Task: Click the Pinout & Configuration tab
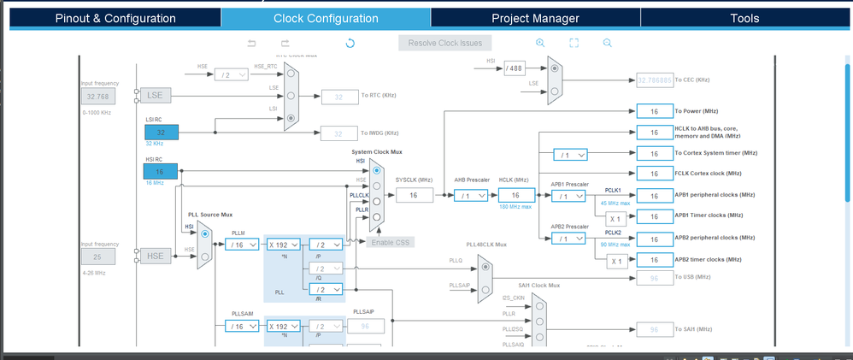(x=115, y=18)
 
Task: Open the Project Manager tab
(x=535, y=18)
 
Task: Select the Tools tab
(x=744, y=18)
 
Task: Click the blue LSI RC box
(x=161, y=133)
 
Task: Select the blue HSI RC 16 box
(x=161, y=171)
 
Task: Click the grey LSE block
(x=155, y=96)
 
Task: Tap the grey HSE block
(x=155, y=256)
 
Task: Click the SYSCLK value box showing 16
(x=414, y=196)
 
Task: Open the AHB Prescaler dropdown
(x=471, y=196)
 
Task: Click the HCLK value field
(x=516, y=196)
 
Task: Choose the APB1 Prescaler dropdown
(x=568, y=196)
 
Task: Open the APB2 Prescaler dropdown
(x=568, y=239)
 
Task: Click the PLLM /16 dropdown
(x=243, y=245)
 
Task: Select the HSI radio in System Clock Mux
(x=377, y=169)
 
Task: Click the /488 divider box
(x=514, y=68)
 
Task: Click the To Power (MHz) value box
(x=655, y=111)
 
